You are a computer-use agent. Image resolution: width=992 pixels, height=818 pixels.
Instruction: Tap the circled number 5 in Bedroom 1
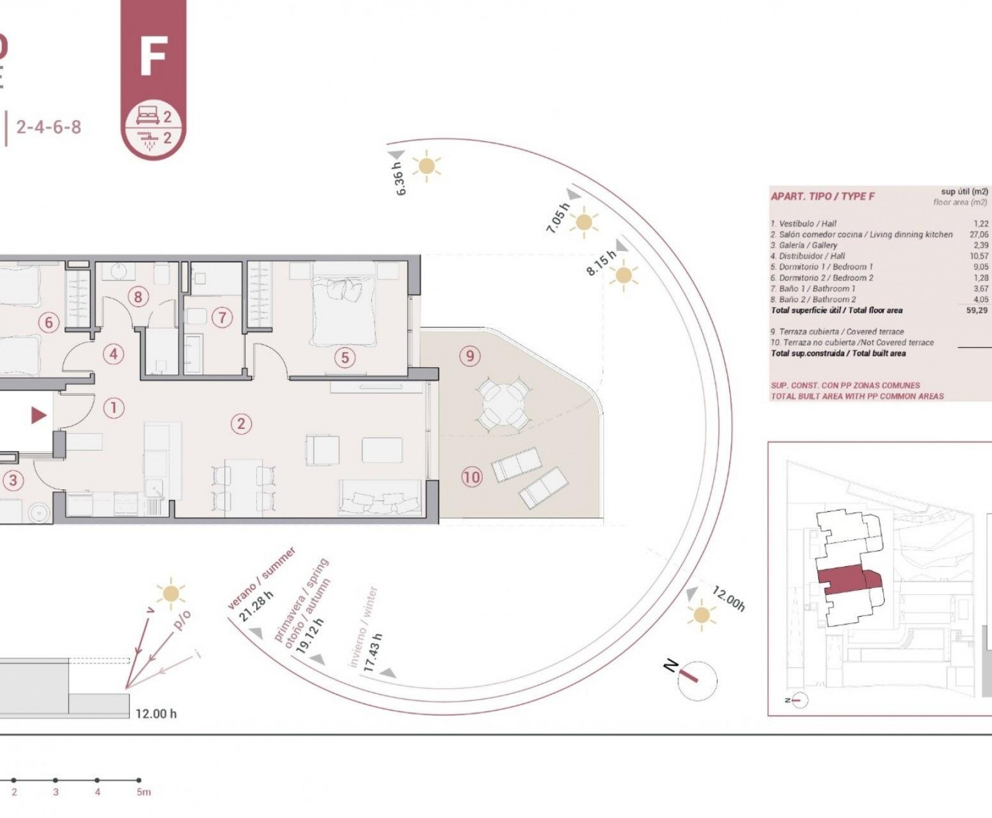[345, 358]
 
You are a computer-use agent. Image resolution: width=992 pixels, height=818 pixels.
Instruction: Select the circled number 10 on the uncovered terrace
[471, 477]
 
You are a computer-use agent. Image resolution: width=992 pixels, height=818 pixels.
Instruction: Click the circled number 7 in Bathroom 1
[223, 317]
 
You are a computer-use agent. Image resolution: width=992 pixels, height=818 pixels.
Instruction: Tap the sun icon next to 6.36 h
[427, 166]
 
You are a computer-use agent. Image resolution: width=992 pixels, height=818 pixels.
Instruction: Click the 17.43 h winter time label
[373, 653]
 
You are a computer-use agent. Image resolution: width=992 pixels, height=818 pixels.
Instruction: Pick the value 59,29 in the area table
[976, 310]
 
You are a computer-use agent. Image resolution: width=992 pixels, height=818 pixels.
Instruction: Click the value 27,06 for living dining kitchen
[979, 235]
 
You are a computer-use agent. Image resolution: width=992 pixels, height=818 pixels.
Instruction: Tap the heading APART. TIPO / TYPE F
[823, 196]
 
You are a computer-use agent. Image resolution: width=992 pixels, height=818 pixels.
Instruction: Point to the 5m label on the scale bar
[144, 792]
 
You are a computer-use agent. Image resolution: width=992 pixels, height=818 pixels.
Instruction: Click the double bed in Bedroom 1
[344, 311]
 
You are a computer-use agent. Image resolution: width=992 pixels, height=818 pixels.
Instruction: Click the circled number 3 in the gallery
[13, 480]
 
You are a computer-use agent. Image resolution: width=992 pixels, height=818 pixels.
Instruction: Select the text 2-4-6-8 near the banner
[49, 127]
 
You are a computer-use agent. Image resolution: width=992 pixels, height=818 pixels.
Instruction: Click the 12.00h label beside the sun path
[728, 599]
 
